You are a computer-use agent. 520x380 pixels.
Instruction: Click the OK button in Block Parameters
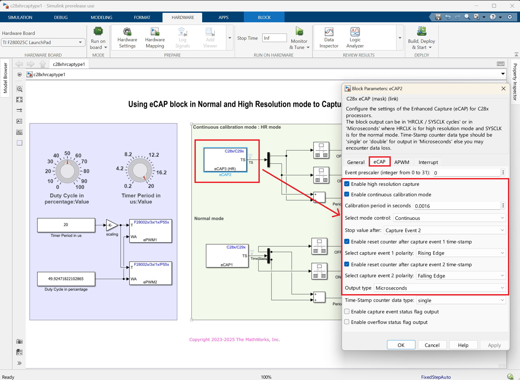click(401, 345)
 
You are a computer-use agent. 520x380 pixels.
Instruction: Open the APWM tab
click(402, 162)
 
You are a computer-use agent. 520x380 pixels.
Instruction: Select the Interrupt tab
click(428, 162)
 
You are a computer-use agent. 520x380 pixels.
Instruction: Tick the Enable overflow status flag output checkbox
click(347, 322)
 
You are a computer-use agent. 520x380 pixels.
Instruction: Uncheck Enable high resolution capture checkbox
click(347, 184)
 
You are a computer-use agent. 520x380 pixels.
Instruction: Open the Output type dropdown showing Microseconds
click(440, 288)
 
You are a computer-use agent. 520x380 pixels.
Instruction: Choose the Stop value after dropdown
click(445, 230)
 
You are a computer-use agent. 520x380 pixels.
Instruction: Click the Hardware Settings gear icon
click(127, 32)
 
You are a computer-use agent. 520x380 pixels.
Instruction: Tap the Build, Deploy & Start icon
click(421, 31)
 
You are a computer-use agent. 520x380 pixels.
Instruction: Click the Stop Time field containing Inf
click(274, 38)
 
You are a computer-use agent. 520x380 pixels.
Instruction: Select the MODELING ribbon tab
click(101, 17)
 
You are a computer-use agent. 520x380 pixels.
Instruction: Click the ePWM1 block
click(150, 231)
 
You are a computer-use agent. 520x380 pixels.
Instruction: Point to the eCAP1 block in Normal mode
click(227, 256)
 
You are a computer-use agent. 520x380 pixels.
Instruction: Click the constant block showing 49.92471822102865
click(66, 279)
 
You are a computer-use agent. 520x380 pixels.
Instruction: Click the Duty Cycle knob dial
click(67, 171)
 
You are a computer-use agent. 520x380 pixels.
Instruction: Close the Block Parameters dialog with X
click(503, 88)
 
